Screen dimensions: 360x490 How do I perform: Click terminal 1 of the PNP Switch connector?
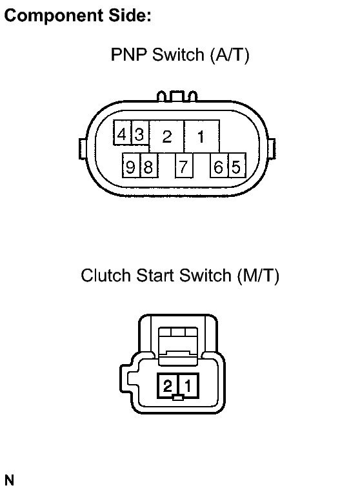202,136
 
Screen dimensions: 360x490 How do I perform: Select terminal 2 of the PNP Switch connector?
167,136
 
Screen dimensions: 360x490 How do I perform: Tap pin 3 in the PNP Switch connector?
140,133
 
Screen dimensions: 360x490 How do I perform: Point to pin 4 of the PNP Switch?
123,133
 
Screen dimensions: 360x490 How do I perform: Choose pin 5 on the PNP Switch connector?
237,165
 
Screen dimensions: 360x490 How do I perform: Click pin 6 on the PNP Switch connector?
219,165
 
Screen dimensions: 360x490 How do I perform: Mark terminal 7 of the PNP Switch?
185,165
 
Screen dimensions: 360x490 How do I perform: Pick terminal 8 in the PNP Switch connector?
149,165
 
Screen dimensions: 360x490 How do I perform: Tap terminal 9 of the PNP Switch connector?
132,165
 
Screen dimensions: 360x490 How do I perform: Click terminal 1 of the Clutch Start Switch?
188,385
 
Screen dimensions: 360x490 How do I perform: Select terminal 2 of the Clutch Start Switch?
168,385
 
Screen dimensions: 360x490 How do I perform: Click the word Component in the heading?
54,15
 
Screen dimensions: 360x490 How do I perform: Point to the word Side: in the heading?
130,15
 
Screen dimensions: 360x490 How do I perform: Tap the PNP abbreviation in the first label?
128,55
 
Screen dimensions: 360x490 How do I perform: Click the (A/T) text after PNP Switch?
230,56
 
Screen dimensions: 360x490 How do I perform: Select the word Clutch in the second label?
106,276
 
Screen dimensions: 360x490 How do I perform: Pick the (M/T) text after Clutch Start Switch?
258,276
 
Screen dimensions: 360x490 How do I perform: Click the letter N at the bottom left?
10,480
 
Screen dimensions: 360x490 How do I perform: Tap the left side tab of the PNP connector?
83,149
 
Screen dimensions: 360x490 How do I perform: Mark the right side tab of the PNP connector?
272,149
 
